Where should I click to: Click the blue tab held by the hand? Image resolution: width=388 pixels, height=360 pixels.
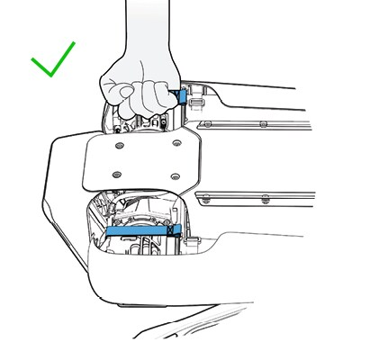[182, 95]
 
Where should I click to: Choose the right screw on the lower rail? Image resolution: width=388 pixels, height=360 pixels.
[264, 196]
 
